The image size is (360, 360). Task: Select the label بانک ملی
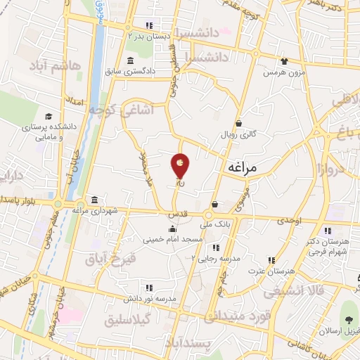pyautogui.click(x=215, y=226)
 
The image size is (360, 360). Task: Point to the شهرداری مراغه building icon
pyautogui.click(x=94, y=200)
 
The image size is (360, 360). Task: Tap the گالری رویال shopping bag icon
pyautogui.click(x=238, y=122)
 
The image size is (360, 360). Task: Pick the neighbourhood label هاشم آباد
pyautogui.click(x=57, y=66)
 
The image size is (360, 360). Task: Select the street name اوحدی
pyautogui.click(x=288, y=221)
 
